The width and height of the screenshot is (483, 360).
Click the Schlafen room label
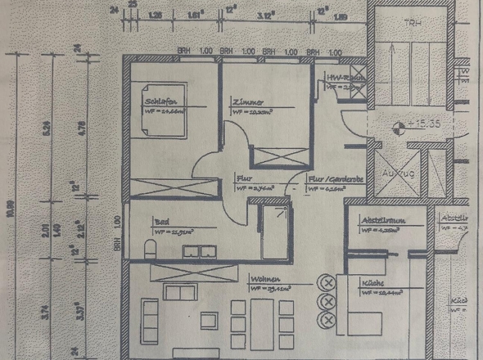(x=160, y=101)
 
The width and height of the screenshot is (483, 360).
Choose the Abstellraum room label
(x=380, y=219)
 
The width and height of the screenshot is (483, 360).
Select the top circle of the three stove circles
(x=329, y=283)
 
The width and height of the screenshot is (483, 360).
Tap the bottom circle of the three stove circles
(x=329, y=317)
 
